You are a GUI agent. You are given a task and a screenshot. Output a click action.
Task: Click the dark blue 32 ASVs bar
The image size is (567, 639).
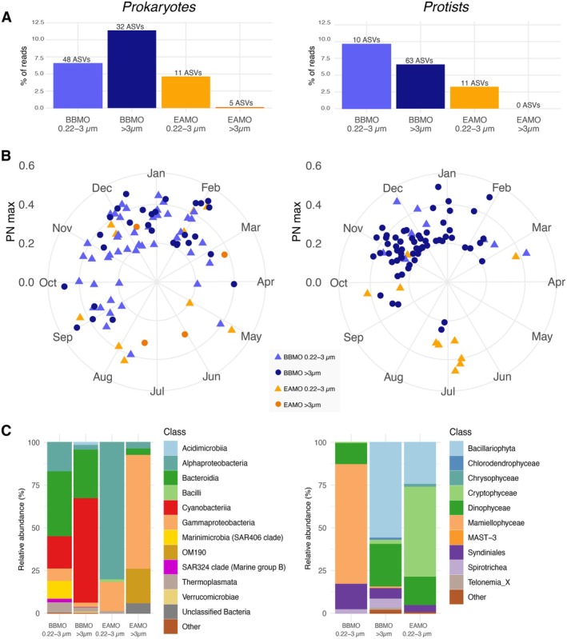click(132, 70)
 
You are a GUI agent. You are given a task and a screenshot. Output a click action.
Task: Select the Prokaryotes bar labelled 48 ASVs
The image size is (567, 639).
click(78, 86)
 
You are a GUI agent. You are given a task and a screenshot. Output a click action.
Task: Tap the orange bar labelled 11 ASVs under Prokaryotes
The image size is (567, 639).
click(186, 92)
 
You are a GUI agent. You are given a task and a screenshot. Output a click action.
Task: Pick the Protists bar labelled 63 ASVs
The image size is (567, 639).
click(421, 86)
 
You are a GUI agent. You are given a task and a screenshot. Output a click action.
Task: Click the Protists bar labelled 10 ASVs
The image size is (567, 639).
click(366, 76)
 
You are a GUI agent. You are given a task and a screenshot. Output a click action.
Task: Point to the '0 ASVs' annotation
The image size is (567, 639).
click(529, 105)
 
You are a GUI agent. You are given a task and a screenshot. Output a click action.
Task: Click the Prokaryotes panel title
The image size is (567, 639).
click(159, 7)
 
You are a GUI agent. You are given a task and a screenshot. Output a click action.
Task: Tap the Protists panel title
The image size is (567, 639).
click(446, 7)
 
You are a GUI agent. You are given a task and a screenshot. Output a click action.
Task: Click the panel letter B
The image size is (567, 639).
click(6, 156)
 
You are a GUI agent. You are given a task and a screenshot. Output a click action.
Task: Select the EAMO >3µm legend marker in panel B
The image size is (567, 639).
click(278, 404)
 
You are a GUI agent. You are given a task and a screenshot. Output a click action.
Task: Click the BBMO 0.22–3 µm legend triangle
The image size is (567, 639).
click(278, 357)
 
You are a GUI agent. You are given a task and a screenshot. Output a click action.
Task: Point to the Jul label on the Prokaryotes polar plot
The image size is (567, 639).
click(158, 391)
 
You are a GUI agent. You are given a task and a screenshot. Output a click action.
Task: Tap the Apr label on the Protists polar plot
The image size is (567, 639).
click(557, 282)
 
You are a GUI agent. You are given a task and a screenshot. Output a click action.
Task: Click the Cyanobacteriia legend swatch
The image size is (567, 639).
click(171, 507)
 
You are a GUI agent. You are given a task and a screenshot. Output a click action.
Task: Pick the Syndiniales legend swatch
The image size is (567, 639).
click(456, 552)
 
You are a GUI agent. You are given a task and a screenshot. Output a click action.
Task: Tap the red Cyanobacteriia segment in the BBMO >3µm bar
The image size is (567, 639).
click(86, 550)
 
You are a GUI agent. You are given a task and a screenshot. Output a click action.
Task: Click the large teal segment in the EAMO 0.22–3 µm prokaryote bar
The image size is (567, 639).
click(112, 510)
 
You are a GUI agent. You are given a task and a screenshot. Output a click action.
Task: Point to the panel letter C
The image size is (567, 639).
click(6, 431)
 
